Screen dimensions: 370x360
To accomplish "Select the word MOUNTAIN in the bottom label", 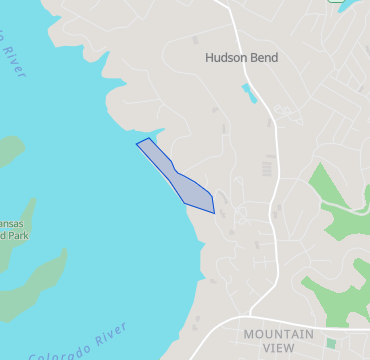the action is point(278,334).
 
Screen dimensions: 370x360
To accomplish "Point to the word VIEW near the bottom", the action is point(278,348).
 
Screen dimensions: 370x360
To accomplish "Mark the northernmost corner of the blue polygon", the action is point(150,138).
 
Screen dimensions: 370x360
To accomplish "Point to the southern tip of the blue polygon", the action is point(213,213).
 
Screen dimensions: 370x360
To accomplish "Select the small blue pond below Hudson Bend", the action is point(248,95).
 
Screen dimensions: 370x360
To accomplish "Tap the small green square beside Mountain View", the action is point(331,343).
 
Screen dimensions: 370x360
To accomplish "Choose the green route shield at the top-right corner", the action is point(333,2).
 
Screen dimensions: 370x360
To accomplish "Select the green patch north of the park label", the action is point(8,152).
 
